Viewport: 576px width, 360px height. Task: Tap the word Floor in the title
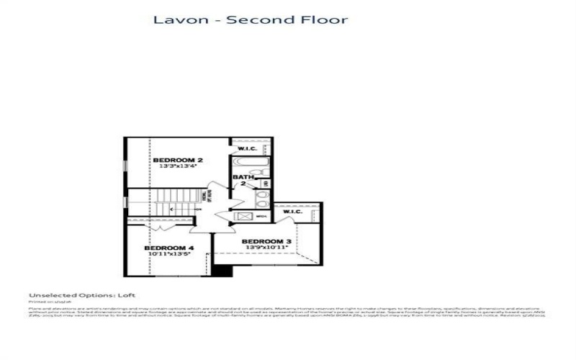pyautogui.click(x=322, y=19)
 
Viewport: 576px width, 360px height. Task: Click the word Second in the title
pyautogui.click(x=254, y=19)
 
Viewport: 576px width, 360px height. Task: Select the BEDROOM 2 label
pyautogui.click(x=177, y=160)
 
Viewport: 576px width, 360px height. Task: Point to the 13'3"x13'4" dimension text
pyautogui.click(x=177, y=167)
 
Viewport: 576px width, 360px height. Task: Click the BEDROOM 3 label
pyautogui.click(x=266, y=241)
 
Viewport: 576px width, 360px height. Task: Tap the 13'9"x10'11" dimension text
pyautogui.click(x=266, y=248)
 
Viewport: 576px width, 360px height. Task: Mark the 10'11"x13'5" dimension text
pyautogui.click(x=170, y=254)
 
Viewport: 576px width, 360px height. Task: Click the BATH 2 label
pyautogui.click(x=241, y=181)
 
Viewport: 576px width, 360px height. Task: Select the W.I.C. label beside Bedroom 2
pyautogui.click(x=248, y=148)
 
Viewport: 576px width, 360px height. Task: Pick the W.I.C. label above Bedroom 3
pyautogui.click(x=292, y=212)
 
